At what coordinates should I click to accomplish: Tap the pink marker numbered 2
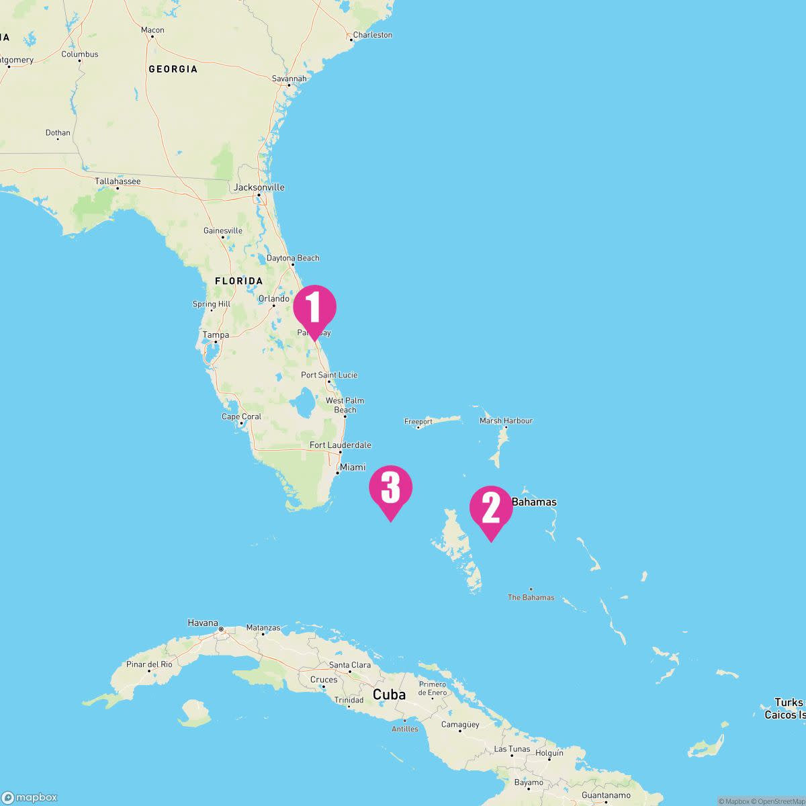click(x=491, y=508)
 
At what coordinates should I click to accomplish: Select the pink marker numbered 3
click(x=390, y=488)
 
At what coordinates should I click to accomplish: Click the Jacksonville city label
click(x=259, y=187)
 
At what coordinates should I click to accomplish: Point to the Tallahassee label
click(x=118, y=181)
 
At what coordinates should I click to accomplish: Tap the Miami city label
click(x=353, y=467)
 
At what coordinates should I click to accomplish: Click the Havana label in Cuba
click(x=203, y=623)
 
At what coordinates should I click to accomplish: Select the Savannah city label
click(x=289, y=79)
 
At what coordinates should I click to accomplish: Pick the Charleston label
click(x=372, y=35)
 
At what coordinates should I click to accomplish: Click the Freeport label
click(x=418, y=422)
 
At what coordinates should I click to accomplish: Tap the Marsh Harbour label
click(x=506, y=421)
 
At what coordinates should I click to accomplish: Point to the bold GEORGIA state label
click(x=173, y=69)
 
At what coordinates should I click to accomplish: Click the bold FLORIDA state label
click(x=238, y=281)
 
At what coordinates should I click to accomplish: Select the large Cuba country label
click(x=390, y=695)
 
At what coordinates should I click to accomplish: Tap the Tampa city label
click(x=216, y=335)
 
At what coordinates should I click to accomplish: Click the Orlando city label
click(x=274, y=299)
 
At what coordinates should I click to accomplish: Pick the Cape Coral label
click(x=241, y=416)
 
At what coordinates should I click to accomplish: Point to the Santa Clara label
click(x=350, y=665)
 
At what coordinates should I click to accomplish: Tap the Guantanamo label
click(x=605, y=795)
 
